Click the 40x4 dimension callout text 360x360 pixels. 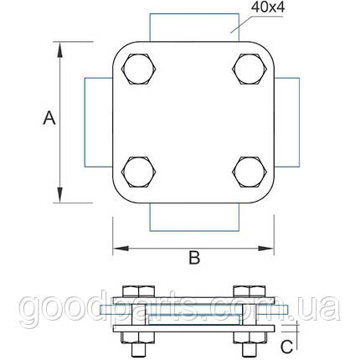pos(268,8)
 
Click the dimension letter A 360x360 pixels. pos(49,118)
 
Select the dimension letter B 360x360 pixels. pos(194,258)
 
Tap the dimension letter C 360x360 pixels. pos(287,347)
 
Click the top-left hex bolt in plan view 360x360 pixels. pos(138,69)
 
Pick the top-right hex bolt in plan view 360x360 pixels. pos(249,69)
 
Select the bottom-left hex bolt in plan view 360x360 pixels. pos(138,172)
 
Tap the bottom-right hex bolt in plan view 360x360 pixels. pos(249,172)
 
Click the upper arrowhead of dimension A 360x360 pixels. pos(59,49)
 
